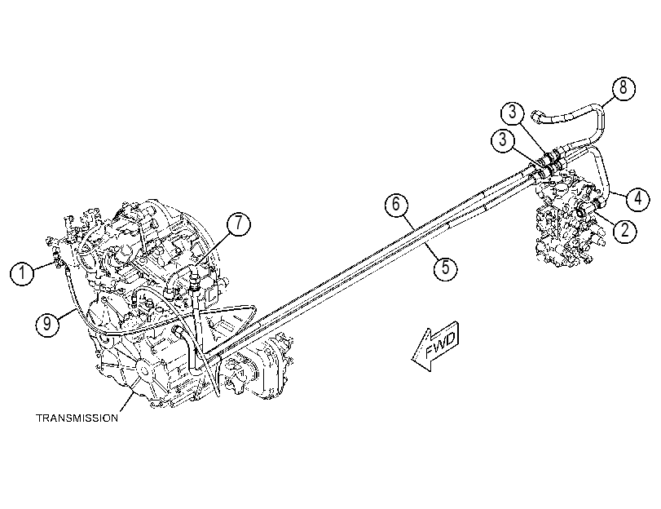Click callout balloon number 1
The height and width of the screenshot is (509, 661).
point(22,273)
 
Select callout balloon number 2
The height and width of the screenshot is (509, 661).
point(625,230)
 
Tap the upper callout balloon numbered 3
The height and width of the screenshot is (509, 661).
point(512,113)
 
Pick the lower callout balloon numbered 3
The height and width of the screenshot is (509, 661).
point(503,139)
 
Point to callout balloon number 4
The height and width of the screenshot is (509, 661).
point(638,198)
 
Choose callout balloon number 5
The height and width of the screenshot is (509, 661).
point(446,268)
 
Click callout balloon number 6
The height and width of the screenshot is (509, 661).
point(396,204)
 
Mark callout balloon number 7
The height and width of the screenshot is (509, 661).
point(239,224)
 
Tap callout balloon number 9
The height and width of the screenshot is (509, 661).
point(47,324)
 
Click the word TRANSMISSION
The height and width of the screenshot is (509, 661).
point(77,418)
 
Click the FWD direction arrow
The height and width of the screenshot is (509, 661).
point(435,346)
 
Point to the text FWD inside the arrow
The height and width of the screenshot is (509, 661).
point(441,343)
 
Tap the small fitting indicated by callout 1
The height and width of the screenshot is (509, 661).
point(56,259)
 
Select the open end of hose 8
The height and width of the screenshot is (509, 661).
point(535,114)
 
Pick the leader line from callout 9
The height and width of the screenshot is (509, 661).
point(68,316)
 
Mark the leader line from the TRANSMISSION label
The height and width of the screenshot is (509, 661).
point(127,402)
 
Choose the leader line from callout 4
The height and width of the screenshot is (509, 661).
point(618,194)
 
